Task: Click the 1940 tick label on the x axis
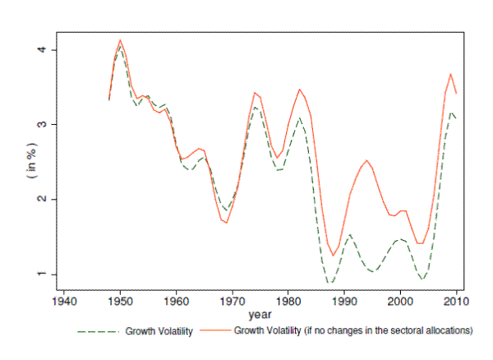[64, 301]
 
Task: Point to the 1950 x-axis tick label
[120, 301]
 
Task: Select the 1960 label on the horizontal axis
[177, 301]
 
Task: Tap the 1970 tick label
[233, 301]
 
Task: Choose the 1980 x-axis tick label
[288, 301]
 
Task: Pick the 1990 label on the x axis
[345, 301]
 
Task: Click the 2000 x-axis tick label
[401, 301]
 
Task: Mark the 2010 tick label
[457, 301]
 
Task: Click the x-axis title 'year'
[260, 314]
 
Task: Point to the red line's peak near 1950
[120, 39]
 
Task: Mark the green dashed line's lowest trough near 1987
[330, 283]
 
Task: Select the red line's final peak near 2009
[451, 74]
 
